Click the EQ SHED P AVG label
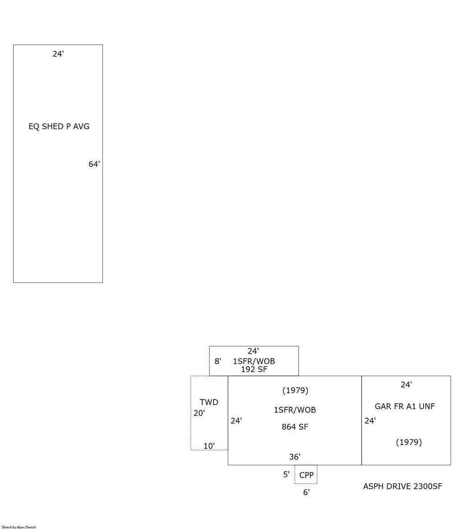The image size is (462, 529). [x=59, y=127]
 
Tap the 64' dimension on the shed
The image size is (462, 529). [x=94, y=164]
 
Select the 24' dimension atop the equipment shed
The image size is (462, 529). [x=58, y=54]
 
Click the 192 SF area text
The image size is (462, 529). [x=254, y=369]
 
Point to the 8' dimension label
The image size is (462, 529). [x=217, y=361]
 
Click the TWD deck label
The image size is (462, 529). [x=209, y=402]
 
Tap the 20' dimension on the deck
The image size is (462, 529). [x=199, y=413]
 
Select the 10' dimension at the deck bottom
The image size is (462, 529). [x=209, y=446]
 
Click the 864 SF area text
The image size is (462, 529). [x=295, y=427]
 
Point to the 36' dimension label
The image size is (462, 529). [x=295, y=457]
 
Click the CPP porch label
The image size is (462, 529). [x=306, y=475]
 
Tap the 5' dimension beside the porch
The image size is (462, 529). [x=286, y=474]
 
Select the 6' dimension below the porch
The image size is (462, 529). [x=306, y=492]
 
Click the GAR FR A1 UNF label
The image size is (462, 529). [x=405, y=406]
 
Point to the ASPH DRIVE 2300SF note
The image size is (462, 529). [x=402, y=486]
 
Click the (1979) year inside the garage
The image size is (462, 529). [x=409, y=442]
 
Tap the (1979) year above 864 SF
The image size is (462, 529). [x=295, y=391]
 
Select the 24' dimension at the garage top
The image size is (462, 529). [x=407, y=385]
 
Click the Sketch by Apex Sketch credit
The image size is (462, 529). [x=19, y=527]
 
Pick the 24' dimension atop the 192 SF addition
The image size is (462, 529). [x=253, y=351]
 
